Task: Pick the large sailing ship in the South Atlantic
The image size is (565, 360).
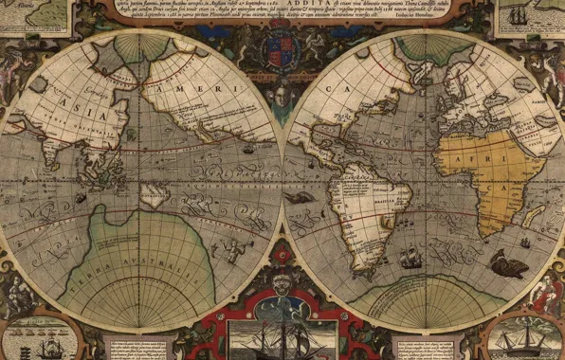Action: (410, 257)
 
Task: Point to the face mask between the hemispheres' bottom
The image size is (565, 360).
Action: (282, 280)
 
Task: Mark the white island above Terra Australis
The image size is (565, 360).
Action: (152, 195)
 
